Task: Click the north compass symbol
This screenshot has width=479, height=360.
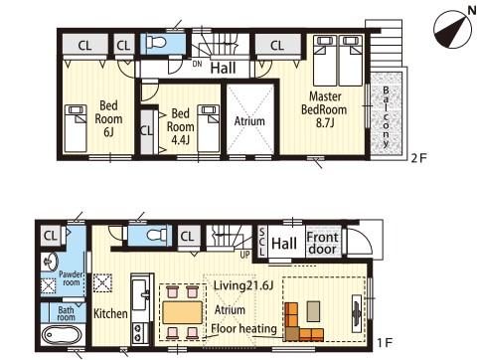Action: [x=453, y=29]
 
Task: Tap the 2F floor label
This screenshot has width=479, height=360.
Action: [x=419, y=158]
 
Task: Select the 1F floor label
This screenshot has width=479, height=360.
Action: [x=385, y=342]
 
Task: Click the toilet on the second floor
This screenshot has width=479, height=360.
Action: [x=156, y=42]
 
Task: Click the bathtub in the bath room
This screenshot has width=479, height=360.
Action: [x=62, y=336]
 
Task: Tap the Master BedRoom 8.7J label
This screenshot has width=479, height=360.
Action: [x=324, y=109]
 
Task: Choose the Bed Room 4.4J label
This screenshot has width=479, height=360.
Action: [x=180, y=126]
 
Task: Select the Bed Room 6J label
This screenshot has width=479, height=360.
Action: [x=108, y=118]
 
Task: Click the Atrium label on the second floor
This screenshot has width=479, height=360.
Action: [x=249, y=121]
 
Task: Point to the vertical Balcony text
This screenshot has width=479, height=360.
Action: [x=386, y=116]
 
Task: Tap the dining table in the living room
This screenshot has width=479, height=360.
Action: [x=182, y=312]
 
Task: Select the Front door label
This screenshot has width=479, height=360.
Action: [x=322, y=244]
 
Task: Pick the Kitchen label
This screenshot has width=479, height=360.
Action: [x=110, y=313]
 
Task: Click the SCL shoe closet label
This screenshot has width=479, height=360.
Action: [x=261, y=242]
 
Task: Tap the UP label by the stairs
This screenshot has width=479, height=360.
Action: [x=244, y=255]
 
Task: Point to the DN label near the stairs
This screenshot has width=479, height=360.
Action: [x=197, y=64]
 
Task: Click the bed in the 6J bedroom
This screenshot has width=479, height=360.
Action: [x=76, y=128]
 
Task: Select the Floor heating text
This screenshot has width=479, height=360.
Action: [x=243, y=328]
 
